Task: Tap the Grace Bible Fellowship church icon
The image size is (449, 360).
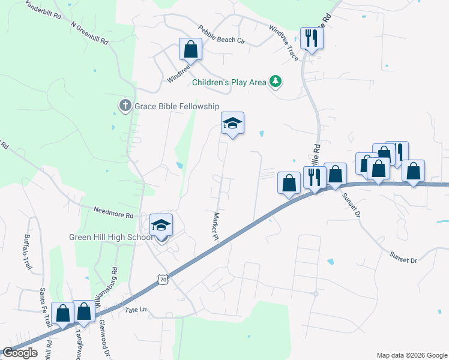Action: click(125, 106)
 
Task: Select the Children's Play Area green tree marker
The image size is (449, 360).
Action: click(275, 82)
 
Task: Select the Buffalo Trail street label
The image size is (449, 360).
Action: click(27, 251)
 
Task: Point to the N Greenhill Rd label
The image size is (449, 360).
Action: click(89, 34)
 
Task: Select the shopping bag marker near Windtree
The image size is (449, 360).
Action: click(191, 49)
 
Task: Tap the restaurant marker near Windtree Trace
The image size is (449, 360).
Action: click(312, 39)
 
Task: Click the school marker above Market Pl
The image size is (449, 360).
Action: click(232, 124)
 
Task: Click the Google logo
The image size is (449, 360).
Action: click(20, 353)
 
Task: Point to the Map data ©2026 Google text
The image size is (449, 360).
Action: click(412, 355)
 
